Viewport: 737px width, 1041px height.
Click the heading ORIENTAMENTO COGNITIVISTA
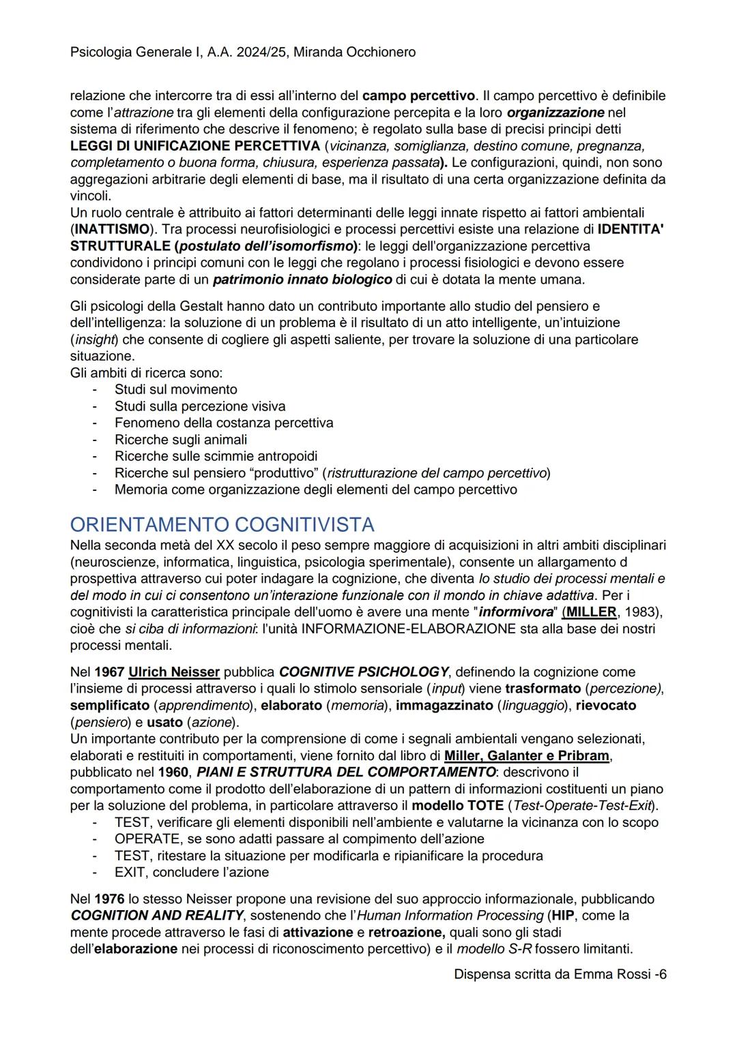pos(222,524)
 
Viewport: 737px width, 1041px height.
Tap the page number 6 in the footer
pos(663,974)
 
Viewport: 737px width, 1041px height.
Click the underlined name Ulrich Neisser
pos(174,672)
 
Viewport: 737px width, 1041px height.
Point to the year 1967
pos(109,672)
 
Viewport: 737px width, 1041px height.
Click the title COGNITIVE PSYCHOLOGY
pos(364,672)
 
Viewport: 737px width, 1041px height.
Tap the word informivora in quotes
pos(516,612)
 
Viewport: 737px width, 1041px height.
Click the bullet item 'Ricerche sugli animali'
pos(181,440)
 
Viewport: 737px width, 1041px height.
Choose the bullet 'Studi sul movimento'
pos(176,389)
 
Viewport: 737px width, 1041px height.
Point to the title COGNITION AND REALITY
pos(157,916)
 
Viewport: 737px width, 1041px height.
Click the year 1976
pos(109,899)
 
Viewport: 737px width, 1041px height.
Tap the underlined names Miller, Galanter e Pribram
pos(527,755)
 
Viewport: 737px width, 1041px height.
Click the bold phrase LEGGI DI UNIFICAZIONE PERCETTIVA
pos(195,146)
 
